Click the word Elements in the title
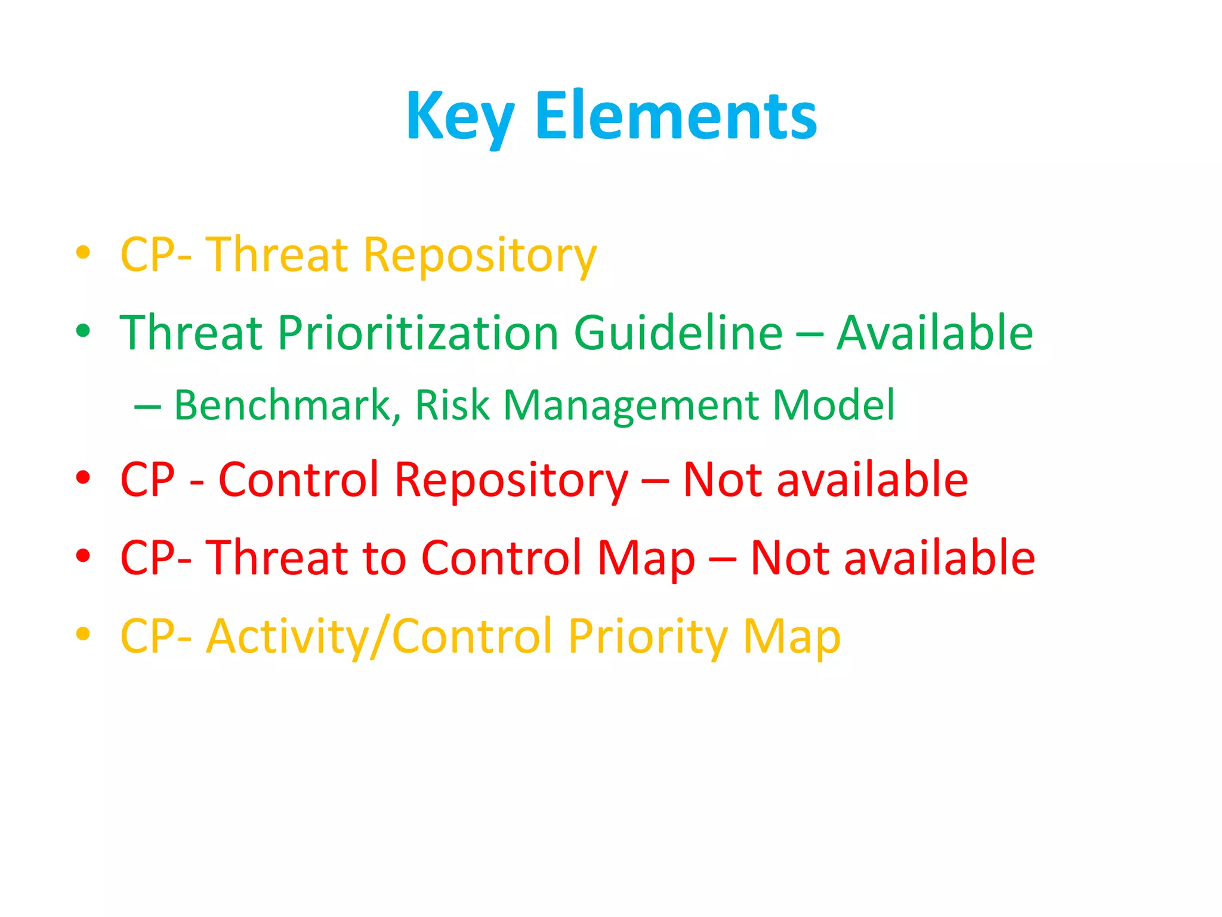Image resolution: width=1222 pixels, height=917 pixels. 676,116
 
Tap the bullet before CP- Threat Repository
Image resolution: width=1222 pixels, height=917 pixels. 83,253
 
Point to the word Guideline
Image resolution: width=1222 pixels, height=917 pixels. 678,333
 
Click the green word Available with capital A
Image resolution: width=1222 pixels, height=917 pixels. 934,333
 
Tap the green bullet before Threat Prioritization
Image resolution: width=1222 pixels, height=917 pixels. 83,330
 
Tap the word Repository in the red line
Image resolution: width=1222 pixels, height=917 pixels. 511,481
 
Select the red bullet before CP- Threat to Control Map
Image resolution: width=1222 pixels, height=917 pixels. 83,555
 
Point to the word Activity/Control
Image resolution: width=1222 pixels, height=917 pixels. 379,637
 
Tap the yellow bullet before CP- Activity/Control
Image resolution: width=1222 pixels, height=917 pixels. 83,633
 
